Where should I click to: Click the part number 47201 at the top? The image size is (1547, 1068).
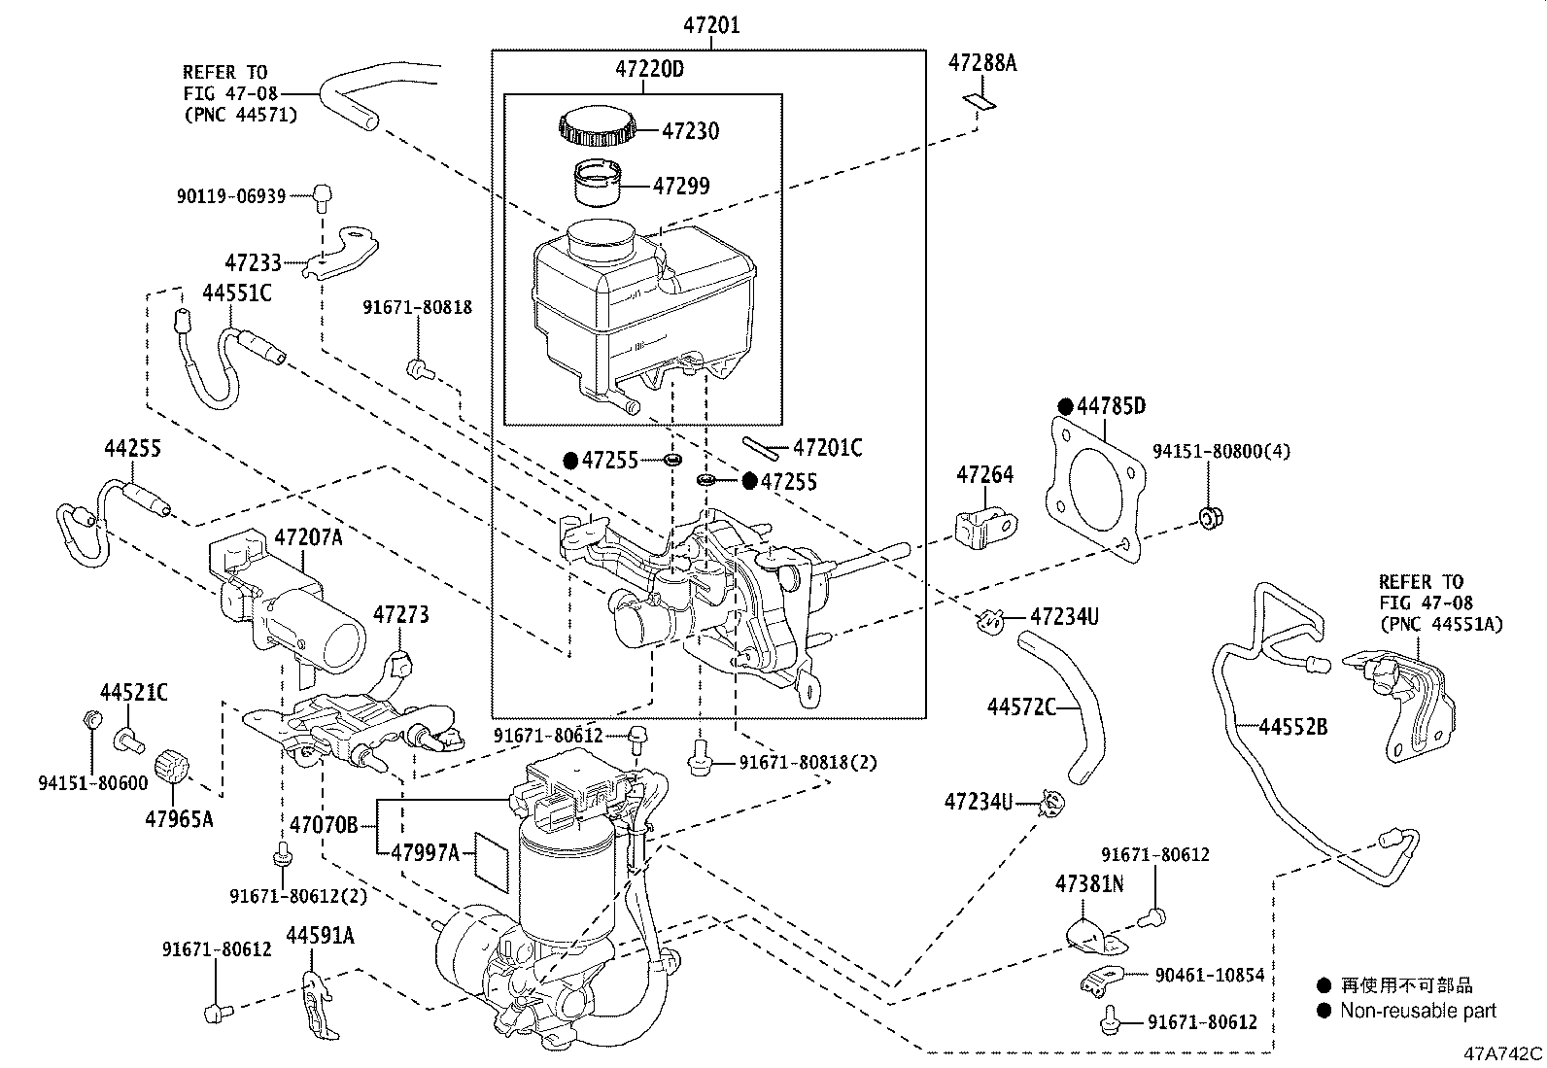click(x=708, y=25)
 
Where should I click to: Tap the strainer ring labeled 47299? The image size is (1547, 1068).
click(x=599, y=182)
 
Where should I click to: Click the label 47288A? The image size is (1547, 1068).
click(x=982, y=64)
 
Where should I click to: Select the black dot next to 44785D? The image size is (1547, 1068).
click(x=1064, y=406)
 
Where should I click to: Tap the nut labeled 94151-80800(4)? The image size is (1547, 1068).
click(x=1210, y=518)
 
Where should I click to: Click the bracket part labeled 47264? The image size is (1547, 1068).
click(x=984, y=528)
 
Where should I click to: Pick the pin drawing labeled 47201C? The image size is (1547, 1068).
click(x=762, y=447)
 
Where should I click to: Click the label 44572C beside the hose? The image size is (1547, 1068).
click(x=1021, y=707)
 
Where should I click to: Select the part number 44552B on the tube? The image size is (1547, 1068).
click(x=1293, y=726)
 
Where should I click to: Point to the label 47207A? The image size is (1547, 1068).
click(x=308, y=537)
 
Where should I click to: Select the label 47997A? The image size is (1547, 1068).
click(x=425, y=852)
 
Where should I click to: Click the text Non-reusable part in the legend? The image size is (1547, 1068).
click(x=1418, y=1012)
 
